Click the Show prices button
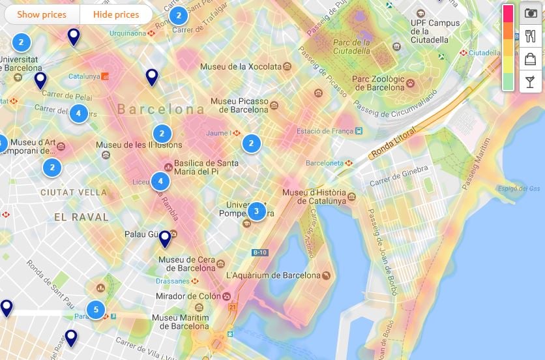pyautogui.click(x=42, y=14)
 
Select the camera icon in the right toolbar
pyautogui.click(x=531, y=14)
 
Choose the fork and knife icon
pyautogui.click(x=531, y=37)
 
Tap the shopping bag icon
pyautogui.click(x=531, y=59)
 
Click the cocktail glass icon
pyautogui.click(x=531, y=81)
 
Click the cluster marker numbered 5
pyautogui.click(x=96, y=310)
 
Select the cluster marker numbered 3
pyautogui.click(x=256, y=211)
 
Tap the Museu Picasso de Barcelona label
pyautogui.click(x=239, y=106)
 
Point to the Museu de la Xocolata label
pyautogui.click(x=241, y=67)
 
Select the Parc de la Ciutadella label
pyautogui.click(x=352, y=47)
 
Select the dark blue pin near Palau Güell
pyautogui.click(x=165, y=239)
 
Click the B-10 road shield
pyautogui.click(x=259, y=252)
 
